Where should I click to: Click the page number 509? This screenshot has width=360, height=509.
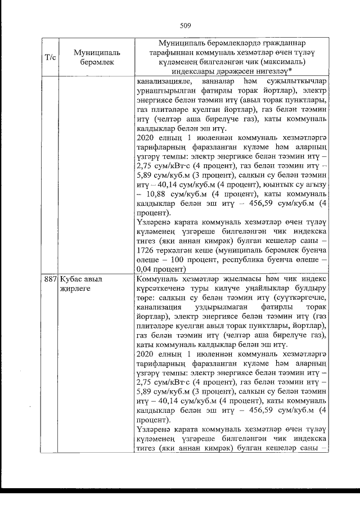[x=186, y=25]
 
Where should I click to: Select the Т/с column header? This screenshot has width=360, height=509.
[x=49, y=57]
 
